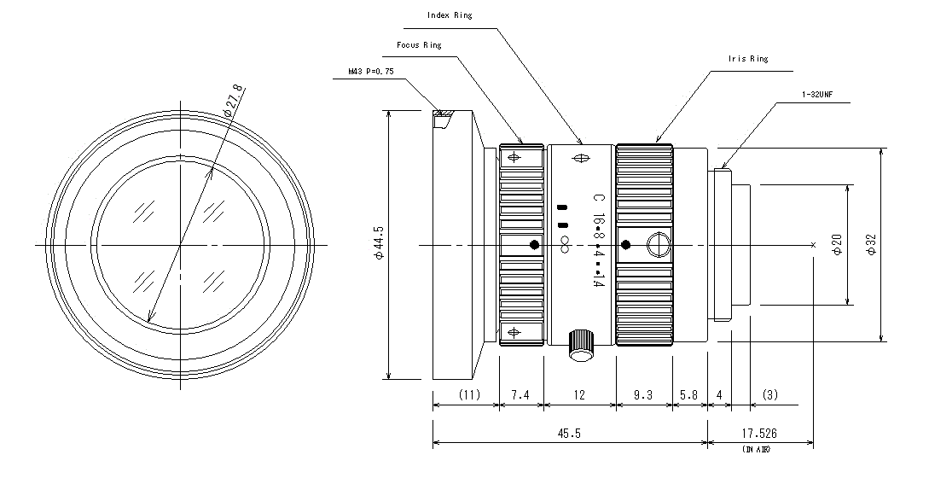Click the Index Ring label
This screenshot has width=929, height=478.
point(450,15)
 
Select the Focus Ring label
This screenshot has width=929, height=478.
point(419,45)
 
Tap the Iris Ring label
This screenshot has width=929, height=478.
point(747,59)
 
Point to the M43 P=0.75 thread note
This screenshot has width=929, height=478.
point(371,72)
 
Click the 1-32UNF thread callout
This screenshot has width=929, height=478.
point(817,94)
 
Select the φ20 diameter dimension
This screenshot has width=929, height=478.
point(837,244)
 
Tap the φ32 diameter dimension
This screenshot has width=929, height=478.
point(871,244)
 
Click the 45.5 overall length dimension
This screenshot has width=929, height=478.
point(569,434)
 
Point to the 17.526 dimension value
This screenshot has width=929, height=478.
point(759,434)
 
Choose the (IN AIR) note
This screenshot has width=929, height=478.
point(756,450)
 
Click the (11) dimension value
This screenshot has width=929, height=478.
point(469,395)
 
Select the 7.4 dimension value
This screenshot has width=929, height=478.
point(520,395)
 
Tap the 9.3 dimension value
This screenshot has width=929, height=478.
point(643,395)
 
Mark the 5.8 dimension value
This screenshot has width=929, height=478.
point(688,395)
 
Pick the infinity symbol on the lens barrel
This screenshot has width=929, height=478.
point(564,244)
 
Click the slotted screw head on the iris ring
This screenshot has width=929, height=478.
point(659,245)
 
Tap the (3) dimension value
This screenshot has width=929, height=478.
point(770,395)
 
